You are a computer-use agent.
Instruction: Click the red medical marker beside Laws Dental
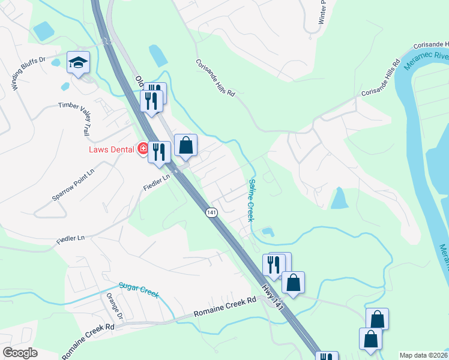143,148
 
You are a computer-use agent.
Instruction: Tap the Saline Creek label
251,199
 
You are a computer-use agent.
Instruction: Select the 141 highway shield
211,212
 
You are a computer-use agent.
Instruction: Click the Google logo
20,353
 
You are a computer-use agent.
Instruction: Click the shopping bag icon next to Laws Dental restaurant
185,146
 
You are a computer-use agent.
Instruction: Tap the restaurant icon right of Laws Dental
159,152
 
